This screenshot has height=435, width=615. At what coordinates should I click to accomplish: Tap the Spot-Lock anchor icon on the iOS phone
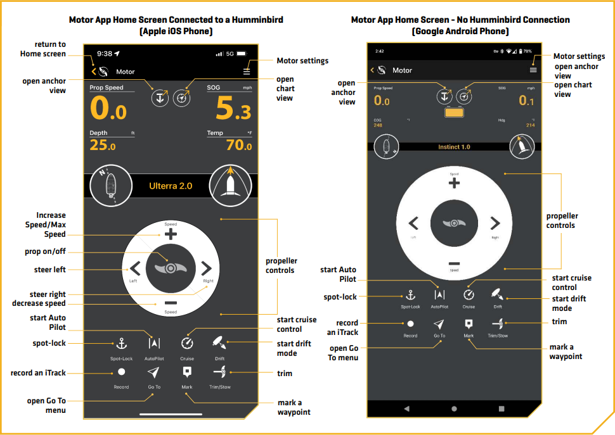121,343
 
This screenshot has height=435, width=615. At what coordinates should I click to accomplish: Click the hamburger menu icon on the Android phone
533,70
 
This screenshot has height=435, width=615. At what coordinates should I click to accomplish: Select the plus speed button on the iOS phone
171,234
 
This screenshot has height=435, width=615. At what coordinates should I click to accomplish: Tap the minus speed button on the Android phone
454,263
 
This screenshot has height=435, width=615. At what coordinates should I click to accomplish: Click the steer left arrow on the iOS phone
135,267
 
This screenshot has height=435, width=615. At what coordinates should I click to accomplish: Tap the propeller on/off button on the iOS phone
171,267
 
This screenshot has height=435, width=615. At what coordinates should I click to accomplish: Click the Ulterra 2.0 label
171,186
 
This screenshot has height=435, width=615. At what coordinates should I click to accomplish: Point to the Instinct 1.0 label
454,147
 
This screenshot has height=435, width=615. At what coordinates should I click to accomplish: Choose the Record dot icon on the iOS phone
121,372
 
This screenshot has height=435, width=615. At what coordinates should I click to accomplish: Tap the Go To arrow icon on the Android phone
439,323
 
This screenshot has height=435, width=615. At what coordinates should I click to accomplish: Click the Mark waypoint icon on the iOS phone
187,372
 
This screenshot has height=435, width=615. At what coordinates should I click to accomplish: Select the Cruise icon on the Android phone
469,294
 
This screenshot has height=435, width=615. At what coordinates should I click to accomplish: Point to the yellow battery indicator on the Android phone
454,113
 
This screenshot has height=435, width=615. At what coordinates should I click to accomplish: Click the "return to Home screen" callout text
42,49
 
